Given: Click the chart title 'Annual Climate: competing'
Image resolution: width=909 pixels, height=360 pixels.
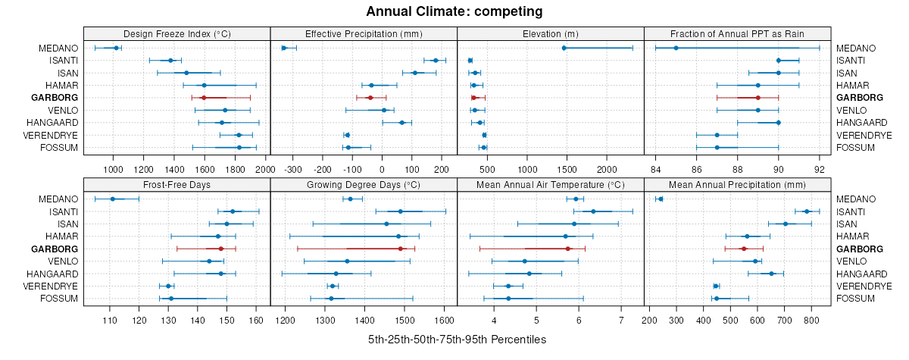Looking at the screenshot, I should pyautogui.click(x=454, y=11).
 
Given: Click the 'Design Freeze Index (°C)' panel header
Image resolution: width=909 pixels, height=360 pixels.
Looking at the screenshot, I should pyautogui.click(x=176, y=33).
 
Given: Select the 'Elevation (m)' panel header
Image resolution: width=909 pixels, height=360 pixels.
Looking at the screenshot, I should pyautogui.click(x=551, y=33).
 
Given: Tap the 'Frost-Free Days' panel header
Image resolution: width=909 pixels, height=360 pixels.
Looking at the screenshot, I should pyautogui.click(x=176, y=184).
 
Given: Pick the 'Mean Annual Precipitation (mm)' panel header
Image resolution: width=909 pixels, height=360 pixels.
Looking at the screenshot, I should pyautogui.click(x=737, y=184).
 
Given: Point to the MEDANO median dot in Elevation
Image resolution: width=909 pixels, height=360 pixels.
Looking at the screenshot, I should pyautogui.click(x=564, y=48).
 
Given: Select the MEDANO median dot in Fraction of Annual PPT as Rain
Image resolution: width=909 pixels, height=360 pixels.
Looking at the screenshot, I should pyautogui.click(x=676, y=48).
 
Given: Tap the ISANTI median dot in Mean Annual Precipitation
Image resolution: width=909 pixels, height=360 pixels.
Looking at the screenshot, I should pyautogui.click(x=807, y=211).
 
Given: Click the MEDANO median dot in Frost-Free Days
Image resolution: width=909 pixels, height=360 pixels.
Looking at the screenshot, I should pyautogui.click(x=113, y=199).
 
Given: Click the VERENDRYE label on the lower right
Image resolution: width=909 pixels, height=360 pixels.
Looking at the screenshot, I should pyautogui.click(x=864, y=286).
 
